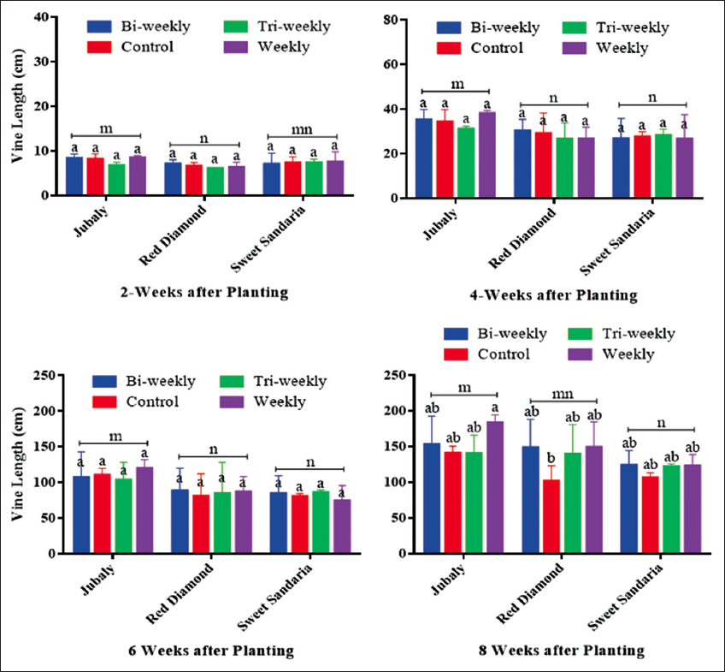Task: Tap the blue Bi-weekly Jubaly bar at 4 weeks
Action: tap(422, 158)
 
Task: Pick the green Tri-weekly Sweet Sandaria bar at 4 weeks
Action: tap(662, 166)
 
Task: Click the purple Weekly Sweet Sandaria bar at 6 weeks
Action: tap(342, 526)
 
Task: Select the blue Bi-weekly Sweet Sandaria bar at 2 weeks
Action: tap(271, 179)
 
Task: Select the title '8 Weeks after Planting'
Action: tap(562, 651)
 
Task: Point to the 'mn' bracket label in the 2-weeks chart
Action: tap(303, 128)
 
